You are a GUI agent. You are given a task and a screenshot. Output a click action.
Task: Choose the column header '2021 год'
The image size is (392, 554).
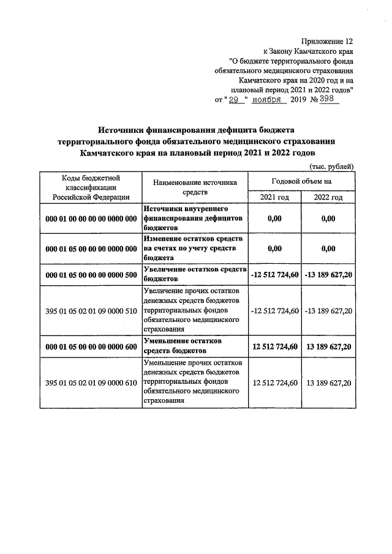(274, 197)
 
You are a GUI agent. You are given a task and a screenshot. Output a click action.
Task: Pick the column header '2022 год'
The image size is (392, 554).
(328, 197)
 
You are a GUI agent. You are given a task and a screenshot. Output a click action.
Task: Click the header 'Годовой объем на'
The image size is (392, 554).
(301, 181)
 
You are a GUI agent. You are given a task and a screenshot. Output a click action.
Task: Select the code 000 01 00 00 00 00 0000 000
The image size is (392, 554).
(91, 219)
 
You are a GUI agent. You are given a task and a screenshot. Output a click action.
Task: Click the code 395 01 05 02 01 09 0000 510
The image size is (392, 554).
(91, 311)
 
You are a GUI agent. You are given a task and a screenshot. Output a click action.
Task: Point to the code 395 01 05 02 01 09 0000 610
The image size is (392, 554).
(91, 383)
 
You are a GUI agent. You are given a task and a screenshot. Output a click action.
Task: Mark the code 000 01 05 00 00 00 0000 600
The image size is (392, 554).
(91, 346)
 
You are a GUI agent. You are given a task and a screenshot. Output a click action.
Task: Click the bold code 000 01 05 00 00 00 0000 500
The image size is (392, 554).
(91, 275)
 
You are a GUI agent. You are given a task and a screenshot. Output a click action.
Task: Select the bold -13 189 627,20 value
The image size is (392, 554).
(328, 275)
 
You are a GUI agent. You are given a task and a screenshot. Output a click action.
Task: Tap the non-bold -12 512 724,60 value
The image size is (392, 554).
(274, 311)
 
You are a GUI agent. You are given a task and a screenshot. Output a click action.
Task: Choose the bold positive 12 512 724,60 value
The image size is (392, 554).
(274, 346)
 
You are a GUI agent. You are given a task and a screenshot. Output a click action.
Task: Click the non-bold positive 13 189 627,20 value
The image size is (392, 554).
(328, 383)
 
